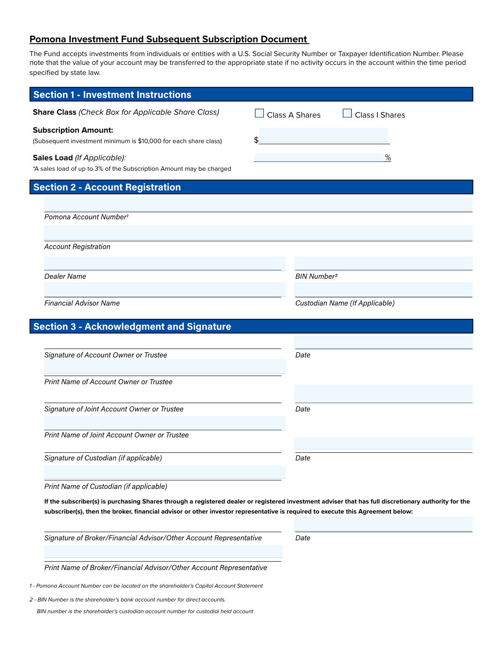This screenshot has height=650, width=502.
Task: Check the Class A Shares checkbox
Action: [259, 113]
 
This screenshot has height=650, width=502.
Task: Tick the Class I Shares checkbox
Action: [347, 113]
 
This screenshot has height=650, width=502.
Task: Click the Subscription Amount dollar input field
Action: [324, 136]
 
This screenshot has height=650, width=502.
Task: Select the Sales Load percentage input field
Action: [319, 157]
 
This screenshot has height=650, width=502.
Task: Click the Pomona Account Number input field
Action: [258, 204]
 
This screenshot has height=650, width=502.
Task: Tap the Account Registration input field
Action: [258, 233]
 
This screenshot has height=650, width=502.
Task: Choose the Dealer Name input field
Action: [164, 263]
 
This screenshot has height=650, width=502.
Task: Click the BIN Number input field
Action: [383, 263]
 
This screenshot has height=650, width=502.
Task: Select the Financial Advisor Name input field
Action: [164, 290]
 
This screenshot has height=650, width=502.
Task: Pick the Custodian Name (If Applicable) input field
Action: [383, 290]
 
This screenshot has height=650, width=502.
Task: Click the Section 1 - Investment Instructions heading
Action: [112, 95]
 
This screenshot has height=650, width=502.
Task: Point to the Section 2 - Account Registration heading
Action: [107, 187]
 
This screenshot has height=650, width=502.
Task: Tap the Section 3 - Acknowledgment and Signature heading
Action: [132, 326]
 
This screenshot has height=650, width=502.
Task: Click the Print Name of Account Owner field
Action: [164, 367]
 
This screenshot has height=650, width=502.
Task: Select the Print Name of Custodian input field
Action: [164, 472]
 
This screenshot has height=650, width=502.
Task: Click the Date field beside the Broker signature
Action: [383, 524]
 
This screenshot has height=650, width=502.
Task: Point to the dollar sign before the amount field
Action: [256, 140]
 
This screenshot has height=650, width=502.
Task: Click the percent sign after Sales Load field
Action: [388, 157]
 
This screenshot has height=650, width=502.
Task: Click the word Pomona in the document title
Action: [48, 39]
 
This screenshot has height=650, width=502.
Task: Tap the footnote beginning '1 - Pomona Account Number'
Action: [146, 586]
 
